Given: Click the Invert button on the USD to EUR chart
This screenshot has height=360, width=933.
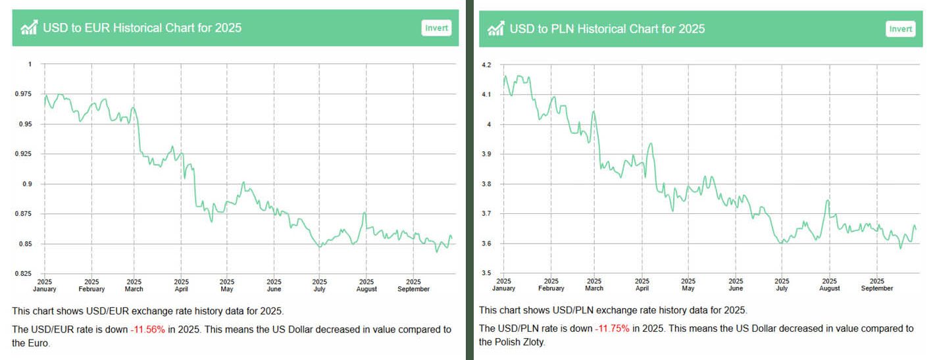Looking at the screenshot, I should tap(436, 28).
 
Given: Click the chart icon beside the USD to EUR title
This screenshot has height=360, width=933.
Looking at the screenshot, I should tap(29, 28).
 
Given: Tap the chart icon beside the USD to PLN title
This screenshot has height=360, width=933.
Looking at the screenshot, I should tap(495, 28).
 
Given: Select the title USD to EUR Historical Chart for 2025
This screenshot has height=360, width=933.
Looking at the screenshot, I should tap(142, 28).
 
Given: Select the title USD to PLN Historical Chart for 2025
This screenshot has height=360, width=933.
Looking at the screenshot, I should tap(607, 28).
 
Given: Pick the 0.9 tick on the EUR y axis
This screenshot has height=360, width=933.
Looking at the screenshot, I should tap(27, 184).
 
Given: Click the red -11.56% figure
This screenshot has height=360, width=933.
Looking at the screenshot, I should tap(149, 329).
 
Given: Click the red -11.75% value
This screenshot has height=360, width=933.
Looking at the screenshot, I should tap(613, 328).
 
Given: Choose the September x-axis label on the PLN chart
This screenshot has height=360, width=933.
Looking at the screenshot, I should tap(876, 285).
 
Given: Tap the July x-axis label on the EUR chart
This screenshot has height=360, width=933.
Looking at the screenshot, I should tap(319, 285).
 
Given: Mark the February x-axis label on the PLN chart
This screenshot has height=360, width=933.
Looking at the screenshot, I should tap(551, 285).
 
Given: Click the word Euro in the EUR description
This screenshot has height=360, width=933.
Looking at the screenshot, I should tap(32, 343).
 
